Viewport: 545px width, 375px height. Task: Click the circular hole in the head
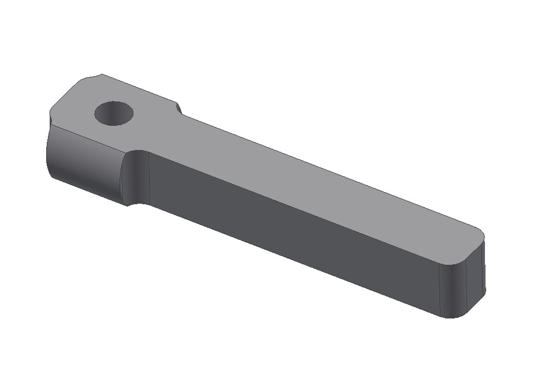(x=114, y=114)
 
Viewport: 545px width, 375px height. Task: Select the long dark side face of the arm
(x=289, y=231)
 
